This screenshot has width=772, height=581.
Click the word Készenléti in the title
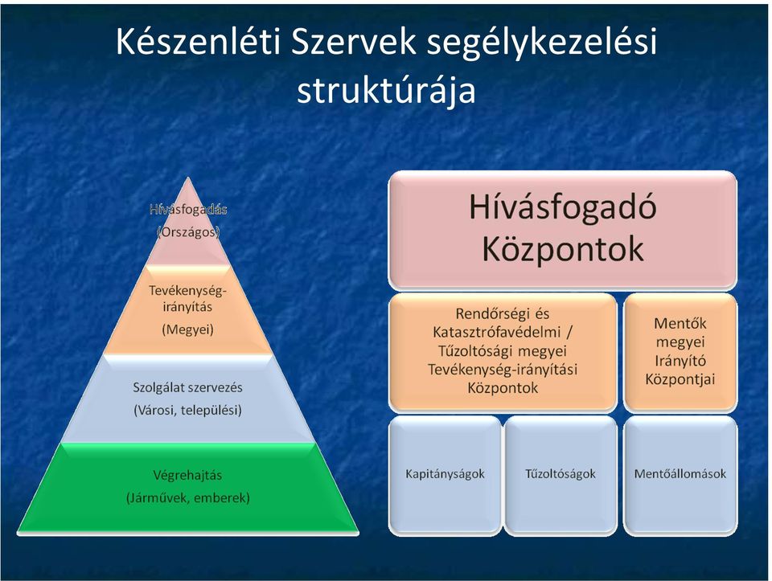click(198, 43)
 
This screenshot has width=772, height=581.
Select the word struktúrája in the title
click(387, 91)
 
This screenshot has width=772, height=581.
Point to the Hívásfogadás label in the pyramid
click(188, 209)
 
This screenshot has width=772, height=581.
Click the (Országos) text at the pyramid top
click(188, 231)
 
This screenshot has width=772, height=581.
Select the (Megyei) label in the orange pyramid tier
click(187, 329)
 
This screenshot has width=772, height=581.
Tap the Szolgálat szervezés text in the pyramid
click(187, 387)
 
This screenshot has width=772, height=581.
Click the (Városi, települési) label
click(187, 411)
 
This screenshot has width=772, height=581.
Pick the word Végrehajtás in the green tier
click(187, 476)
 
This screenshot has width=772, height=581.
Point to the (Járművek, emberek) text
click(187, 498)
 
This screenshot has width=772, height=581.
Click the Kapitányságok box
click(445, 475)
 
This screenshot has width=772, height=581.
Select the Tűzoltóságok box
click(561, 475)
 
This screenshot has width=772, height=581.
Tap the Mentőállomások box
click(680, 475)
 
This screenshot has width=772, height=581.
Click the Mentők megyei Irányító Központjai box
click(680, 352)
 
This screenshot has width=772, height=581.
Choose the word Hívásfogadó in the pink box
click(563, 207)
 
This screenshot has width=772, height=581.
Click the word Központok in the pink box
click(563, 248)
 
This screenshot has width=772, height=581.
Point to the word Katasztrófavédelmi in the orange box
click(497, 333)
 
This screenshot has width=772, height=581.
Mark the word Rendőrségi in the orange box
click(488, 314)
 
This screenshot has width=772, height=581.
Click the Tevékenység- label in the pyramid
click(187, 291)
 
